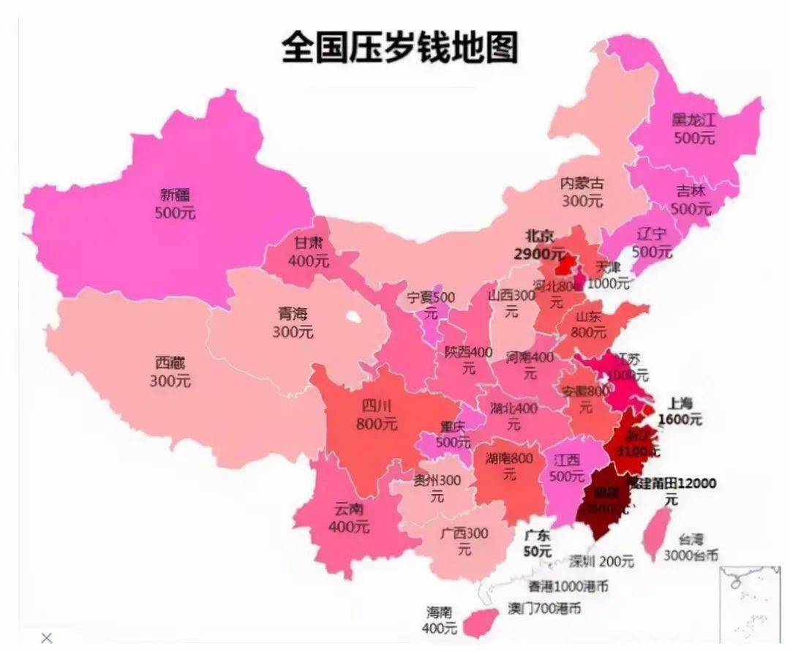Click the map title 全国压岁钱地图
tap(399, 48)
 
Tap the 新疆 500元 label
tap(176, 204)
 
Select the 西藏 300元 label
tap(170, 372)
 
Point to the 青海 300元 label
tap(293, 323)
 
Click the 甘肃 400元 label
tap(309, 250)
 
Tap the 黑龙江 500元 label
tap(694, 129)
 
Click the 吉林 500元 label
tap(691, 199)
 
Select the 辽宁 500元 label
tap(652, 243)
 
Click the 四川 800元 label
tap(377, 415)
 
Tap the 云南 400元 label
tap(349, 517)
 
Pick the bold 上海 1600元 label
tap(680, 412)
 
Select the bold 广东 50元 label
tap(538, 544)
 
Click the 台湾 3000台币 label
tap(691, 547)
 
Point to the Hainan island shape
tap(481, 621)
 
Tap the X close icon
tap(47, 638)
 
